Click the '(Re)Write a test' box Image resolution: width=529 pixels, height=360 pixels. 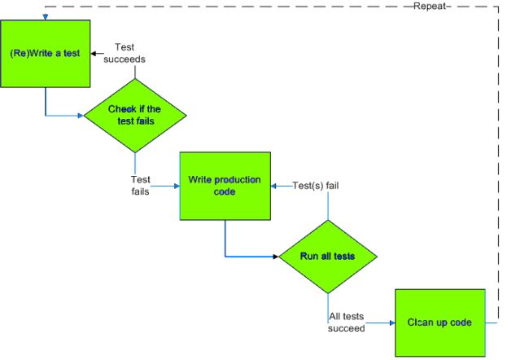pos(45,53)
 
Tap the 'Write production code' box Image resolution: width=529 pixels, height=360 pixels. pos(224,186)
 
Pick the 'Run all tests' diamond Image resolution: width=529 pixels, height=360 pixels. pos(327,256)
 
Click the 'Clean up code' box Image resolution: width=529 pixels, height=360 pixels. pos(439,322)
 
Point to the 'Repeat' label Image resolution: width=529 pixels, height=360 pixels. pos(429,6)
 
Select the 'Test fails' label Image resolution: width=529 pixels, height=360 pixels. pos(140,186)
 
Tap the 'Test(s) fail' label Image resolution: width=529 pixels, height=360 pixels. pos(315,186)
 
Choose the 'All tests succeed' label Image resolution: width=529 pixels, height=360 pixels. pos(346,322)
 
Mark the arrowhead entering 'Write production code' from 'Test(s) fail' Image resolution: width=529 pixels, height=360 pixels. pos(274,186)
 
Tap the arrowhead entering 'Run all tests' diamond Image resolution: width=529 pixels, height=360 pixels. pos(277,256)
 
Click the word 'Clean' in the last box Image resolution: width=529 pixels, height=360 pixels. pos(421,322)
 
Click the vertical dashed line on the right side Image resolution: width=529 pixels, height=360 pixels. pos(497,163)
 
